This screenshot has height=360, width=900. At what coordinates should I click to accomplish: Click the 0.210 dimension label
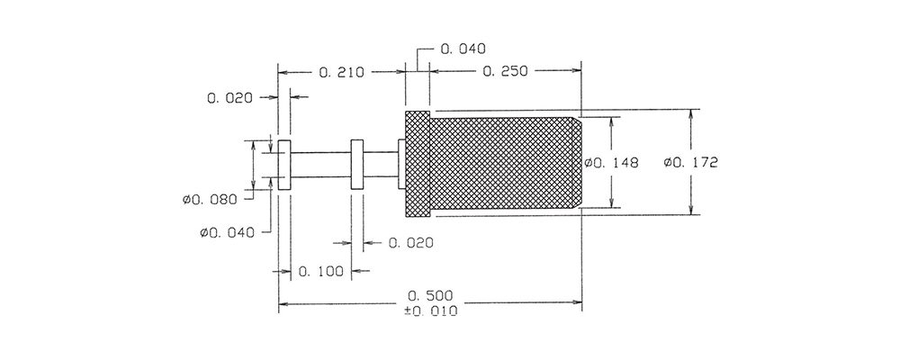click(341, 72)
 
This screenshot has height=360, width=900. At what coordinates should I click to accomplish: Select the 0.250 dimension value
click(505, 71)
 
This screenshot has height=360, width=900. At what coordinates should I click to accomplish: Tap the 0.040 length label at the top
click(463, 49)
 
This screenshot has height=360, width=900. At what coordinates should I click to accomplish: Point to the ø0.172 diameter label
click(690, 163)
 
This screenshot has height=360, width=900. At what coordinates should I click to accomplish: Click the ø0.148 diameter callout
click(611, 163)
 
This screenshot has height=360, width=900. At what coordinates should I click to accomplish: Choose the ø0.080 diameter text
click(210, 200)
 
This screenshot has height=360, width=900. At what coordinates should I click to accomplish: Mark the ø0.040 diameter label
click(227, 232)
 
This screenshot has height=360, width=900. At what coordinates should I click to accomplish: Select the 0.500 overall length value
click(430, 296)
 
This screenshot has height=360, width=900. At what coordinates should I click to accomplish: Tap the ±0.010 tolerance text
click(430, 311)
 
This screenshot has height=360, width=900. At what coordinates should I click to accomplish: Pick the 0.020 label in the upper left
click(230, 98)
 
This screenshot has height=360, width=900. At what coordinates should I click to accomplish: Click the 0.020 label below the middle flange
click(411, 243)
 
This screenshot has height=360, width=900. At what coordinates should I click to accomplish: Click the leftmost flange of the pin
click(284, 164)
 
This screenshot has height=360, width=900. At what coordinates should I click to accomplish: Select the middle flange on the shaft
click(357, 164)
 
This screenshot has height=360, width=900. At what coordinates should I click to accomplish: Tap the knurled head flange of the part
click(418, 164)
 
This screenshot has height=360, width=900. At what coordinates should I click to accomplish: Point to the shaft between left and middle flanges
click(321, 165)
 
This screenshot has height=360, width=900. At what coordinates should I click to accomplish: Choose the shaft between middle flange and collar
click(381, 165)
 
